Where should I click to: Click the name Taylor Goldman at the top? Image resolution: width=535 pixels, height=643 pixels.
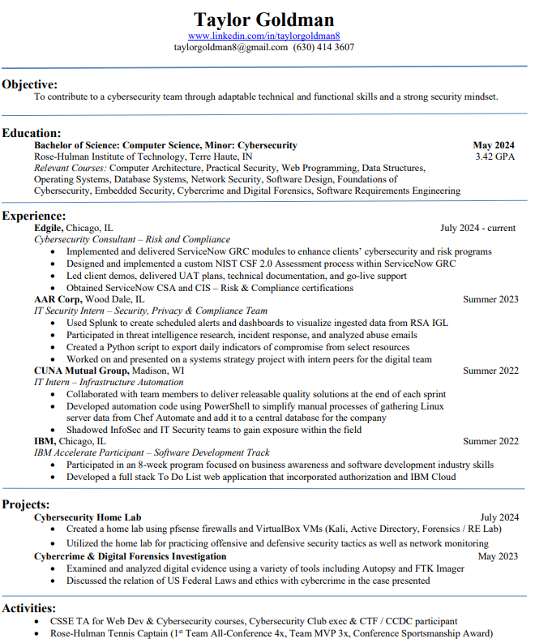click(264, 19)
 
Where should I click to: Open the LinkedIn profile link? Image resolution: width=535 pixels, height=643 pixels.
click(264, 36)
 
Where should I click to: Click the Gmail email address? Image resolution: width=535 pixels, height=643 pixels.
click(231, 47)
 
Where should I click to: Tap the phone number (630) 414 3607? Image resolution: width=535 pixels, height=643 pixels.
click(323, 47)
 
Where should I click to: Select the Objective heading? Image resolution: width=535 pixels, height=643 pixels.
click(30, 84)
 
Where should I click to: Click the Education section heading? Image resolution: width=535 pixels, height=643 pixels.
click(32, 133)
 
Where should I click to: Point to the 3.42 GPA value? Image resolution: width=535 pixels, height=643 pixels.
click(494, 156)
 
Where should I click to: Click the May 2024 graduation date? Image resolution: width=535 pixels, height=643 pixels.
click(494, 145)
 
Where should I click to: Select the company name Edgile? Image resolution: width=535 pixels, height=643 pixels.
click(48, 228)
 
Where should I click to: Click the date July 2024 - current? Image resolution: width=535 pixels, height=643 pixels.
click(478, 228)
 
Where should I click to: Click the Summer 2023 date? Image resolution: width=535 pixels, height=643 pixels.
click(490, 299)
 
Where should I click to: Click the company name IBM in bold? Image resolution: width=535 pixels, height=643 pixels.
click(44, 441)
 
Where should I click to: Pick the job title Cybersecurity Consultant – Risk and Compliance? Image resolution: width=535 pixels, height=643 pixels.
click(121, 240)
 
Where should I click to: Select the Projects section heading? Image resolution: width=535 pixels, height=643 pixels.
click(26, 504)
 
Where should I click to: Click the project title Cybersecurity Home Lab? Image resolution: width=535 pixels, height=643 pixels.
click(88, 517)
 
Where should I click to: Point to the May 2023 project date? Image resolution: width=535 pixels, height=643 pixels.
click(498, 557)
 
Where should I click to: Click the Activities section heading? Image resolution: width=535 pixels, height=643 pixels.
click(29, 608)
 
